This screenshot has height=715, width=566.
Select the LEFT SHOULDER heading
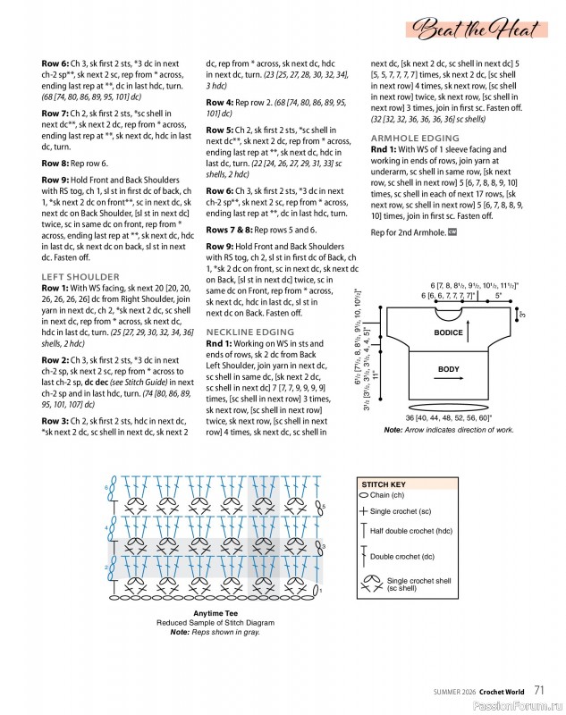click(80, 277)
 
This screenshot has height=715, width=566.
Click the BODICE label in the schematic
click(449, 332)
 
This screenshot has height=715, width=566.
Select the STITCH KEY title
click(384, 484)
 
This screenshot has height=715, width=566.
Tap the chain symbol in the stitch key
click(363, 494)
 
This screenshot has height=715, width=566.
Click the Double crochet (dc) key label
click(402, 557)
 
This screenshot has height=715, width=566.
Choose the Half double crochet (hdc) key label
click(415, 531)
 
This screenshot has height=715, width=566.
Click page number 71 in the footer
click(541, 690)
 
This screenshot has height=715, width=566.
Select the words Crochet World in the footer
click(502, 691)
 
